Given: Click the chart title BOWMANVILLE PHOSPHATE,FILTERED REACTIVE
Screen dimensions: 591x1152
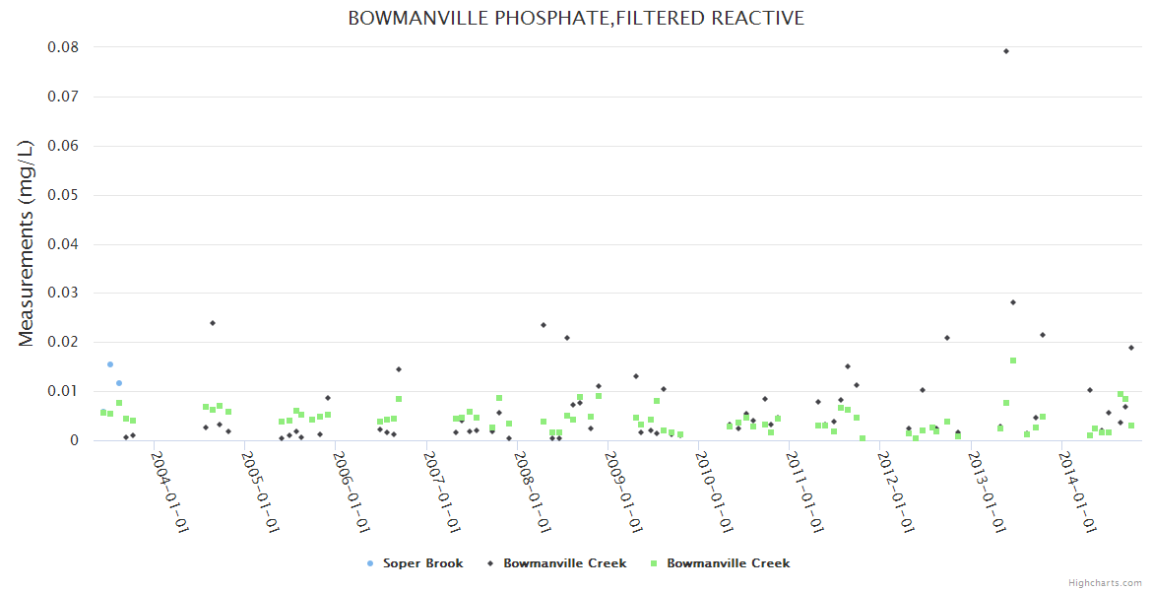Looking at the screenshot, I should (x=576, y=19).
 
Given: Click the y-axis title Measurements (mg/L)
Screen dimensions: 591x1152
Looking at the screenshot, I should (x=27, y=243).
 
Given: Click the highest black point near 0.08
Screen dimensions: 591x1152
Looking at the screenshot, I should (x=1006, y=51).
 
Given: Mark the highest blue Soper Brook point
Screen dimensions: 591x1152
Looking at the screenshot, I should (x=110, y=364).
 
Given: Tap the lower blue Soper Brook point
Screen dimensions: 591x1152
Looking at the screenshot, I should (x=119, y=383).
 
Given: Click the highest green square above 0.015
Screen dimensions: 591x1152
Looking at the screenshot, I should (x=1013, y=361).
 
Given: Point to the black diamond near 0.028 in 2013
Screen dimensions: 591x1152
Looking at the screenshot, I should (x=1013, y=302).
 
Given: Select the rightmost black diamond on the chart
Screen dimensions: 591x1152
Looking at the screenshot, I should (x=1131, y=348).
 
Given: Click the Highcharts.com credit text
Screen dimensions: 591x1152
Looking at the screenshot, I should (x=1105, y=583).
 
